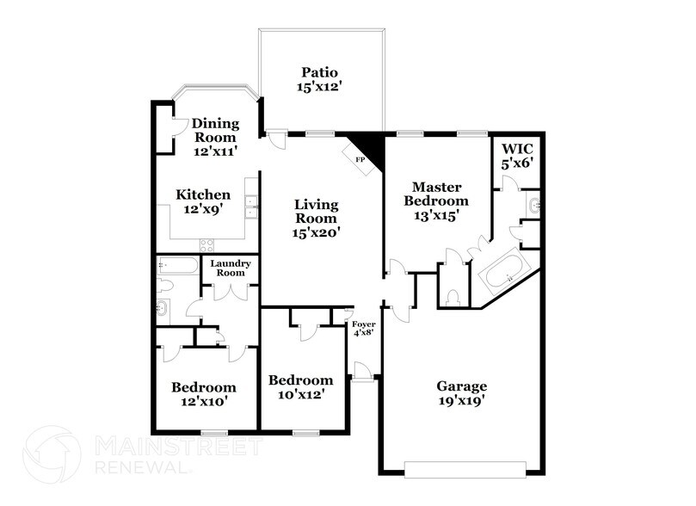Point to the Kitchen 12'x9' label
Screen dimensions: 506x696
pos(203,201)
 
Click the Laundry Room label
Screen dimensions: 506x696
pos(231,268)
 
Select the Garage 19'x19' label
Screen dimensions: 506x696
pos(463,392)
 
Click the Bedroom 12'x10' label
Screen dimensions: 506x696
pos(204,394)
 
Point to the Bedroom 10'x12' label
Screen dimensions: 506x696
pos(301,387)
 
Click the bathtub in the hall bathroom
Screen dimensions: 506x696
pos(177,267)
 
